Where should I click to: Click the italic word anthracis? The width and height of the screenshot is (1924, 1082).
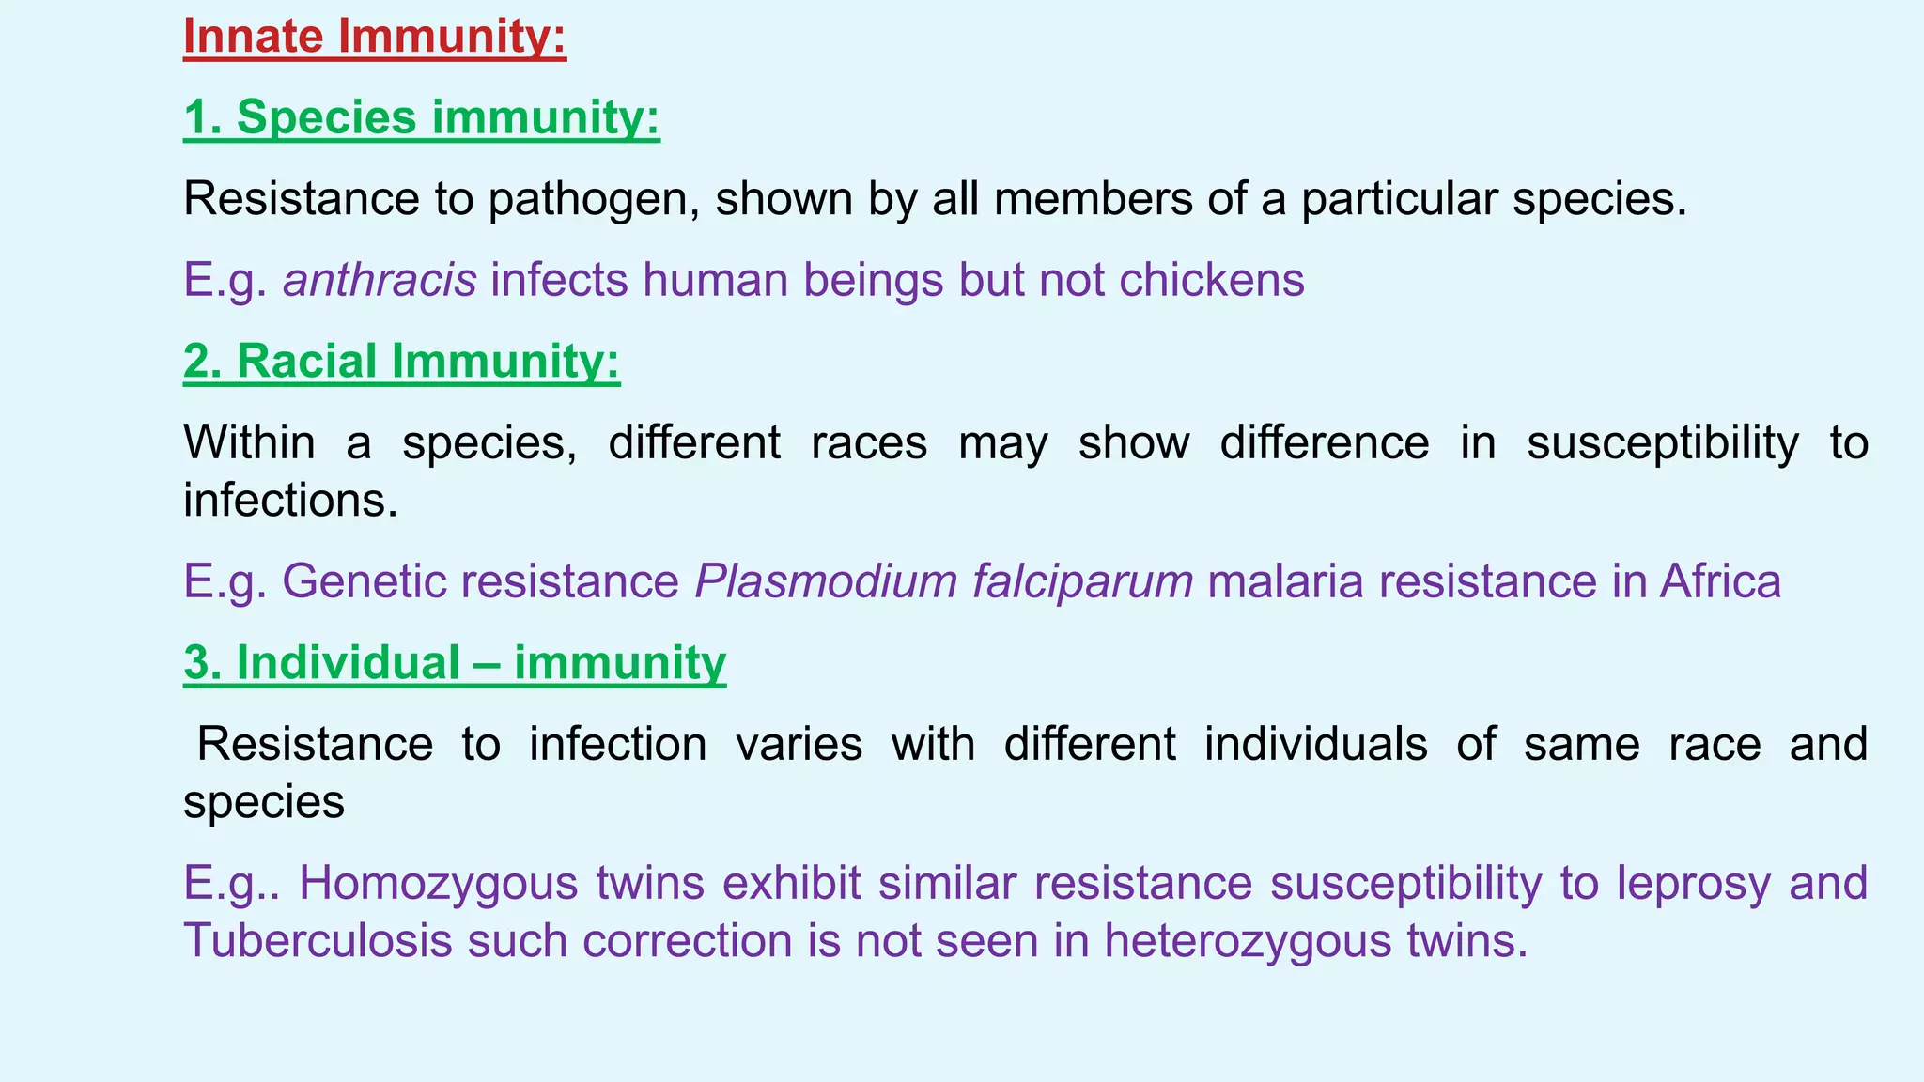click(x=380, y=280)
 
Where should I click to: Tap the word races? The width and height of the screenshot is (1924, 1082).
click(x=869, y=442)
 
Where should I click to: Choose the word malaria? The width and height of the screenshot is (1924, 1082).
click(x=1285, y=581)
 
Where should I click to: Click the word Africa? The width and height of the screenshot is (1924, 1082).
click(x=1720, y=581)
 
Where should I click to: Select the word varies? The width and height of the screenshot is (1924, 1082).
click(x=799, y=745)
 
